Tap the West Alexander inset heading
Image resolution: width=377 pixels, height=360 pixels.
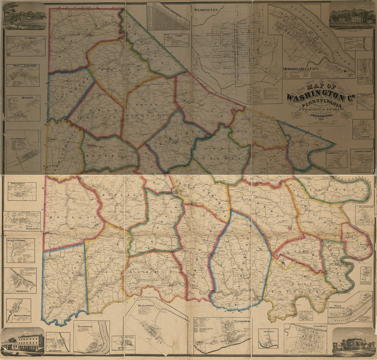tap(23, 65)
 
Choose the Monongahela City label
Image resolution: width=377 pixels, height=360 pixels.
tap(301, 69)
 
